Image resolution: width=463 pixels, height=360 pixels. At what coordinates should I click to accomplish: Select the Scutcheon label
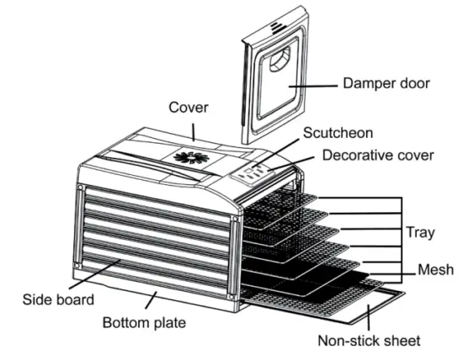pyautogui.click(x=338, y=133)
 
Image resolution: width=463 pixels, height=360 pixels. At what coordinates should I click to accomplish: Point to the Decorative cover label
pyautogui.click(x=379, y=156)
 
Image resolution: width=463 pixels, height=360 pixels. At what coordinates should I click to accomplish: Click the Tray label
pyautogui.click(x=420, y=231)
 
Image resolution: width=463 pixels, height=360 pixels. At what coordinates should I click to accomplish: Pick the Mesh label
pyautogui.click(x=436, y=270)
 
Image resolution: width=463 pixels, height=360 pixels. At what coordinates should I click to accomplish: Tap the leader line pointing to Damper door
pyautogui.click(x=311, y=84)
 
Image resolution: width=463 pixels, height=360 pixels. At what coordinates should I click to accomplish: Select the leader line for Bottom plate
pyautogui.click(x=151, y=302)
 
